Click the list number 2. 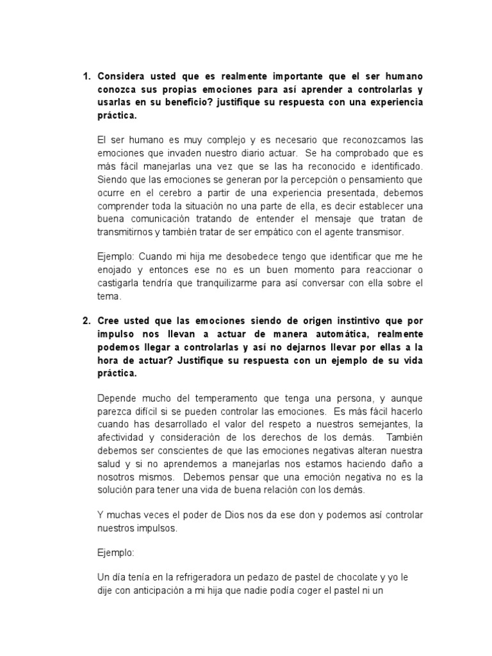pyautogui.click(x=87, y=321)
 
